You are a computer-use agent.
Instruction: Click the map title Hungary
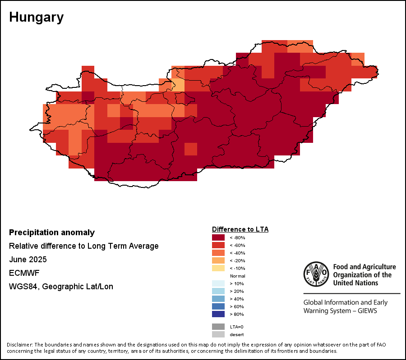tap(36, 18)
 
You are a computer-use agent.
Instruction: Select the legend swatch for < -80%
tap(218, 237)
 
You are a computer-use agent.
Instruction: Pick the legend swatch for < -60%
tap(218, 245)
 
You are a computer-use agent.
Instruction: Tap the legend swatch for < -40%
tap(218, 253)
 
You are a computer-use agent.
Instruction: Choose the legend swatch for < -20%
tap(218, 260)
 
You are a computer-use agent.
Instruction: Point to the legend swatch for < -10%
tap(218, 268)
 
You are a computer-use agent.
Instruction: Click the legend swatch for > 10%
tap(218, 283)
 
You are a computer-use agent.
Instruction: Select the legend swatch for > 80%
tap(218, 314)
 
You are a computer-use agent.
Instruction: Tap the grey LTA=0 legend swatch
tap(218, 327)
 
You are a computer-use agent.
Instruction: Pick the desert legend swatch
tap(218, 334)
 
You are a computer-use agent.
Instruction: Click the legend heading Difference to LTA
tap(240, 229)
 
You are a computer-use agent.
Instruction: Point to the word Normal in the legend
tap(237, 276)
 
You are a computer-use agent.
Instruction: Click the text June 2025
tap(28, 260)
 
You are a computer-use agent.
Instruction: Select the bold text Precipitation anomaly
tap(52, 232)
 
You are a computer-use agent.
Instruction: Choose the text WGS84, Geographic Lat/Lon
tap(61, 287)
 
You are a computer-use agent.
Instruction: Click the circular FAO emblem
tap(316, 273)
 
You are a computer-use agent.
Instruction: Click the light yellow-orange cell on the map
tap(179, 85)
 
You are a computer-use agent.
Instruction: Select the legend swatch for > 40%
tap(218, 299)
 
